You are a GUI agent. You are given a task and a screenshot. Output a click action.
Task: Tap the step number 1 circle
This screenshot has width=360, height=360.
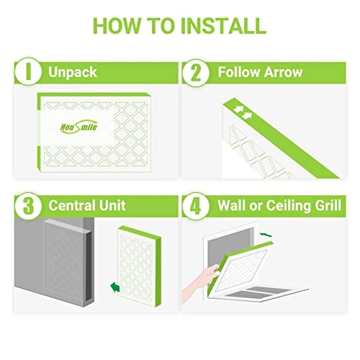[x=28, y=71]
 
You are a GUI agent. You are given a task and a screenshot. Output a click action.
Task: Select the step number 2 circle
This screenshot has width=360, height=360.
[x=196, y=73]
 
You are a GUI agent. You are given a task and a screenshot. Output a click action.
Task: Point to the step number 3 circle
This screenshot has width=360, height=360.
[x=28, y=206]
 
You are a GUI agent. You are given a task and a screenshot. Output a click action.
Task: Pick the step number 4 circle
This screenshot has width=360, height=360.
[x=196, y=206]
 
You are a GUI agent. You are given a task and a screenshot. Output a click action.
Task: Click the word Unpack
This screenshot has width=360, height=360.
[x=73, y=72]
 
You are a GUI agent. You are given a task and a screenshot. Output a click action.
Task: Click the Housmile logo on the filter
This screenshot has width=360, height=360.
[x=79, y=126]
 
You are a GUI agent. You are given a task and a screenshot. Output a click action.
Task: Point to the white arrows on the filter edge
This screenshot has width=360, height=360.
[x=243, y=112]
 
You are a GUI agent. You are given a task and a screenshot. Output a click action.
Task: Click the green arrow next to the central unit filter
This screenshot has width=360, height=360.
[x=115, y=287]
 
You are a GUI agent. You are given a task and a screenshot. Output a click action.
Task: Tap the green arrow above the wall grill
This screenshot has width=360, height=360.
[x=266, y=234]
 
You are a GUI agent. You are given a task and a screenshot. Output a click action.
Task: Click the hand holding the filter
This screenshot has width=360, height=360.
[x=200, y=283]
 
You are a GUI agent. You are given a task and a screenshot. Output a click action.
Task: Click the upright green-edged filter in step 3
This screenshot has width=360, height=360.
[x=139, y=266]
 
